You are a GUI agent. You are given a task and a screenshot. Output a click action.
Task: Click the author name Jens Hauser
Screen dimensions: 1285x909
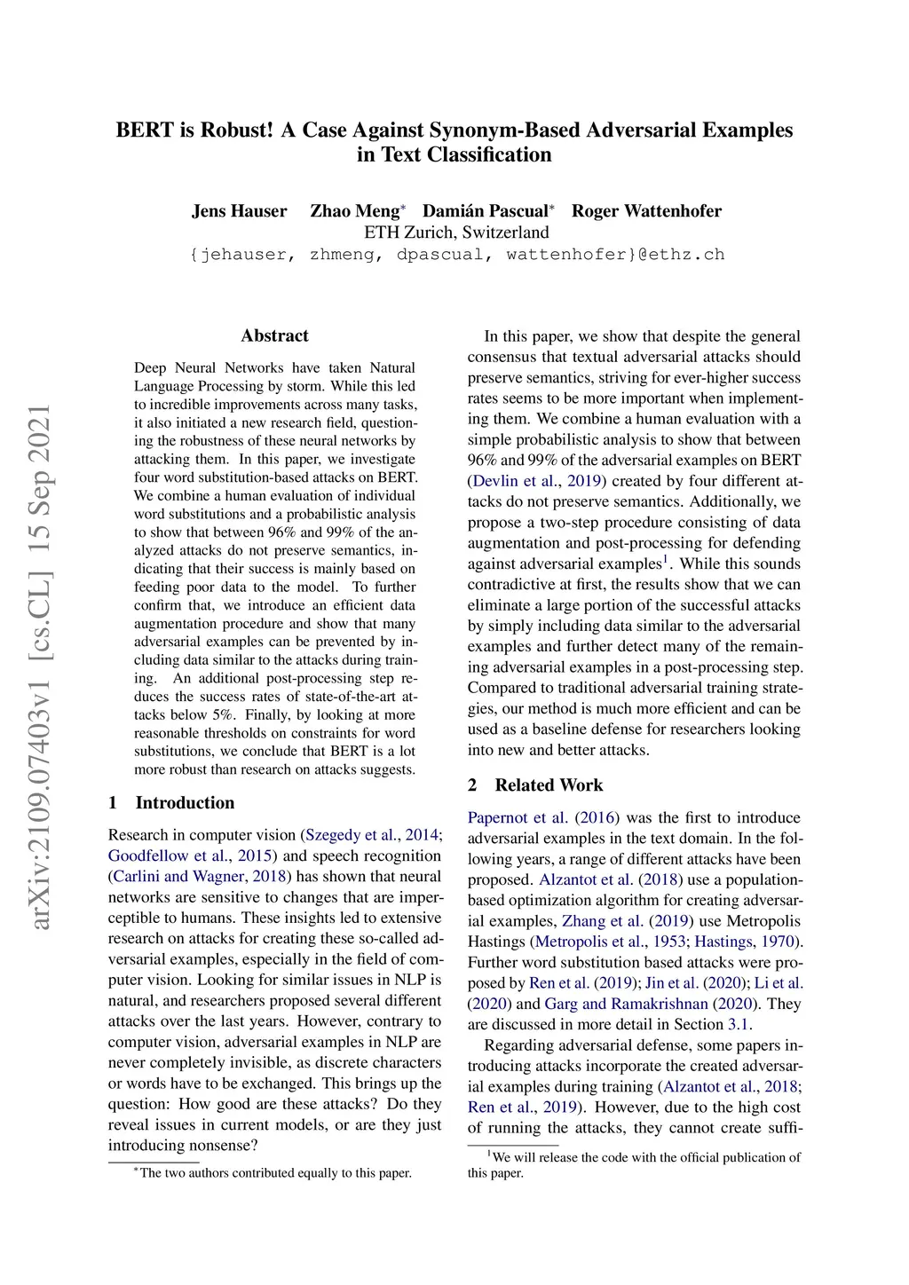pos(239,211)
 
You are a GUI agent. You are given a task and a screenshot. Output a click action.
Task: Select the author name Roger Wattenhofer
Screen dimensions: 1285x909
pos(646,211)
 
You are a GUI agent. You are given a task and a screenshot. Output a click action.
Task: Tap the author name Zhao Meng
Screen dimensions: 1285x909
pos(354,211)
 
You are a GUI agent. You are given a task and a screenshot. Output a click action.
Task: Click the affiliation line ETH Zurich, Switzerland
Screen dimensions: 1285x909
pos(456,233)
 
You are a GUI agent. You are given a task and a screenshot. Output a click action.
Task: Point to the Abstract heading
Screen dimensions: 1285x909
pos(274,335)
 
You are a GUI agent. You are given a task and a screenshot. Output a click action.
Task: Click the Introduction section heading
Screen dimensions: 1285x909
pos(185,802)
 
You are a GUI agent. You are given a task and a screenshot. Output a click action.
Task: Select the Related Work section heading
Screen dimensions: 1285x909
pos(549,784)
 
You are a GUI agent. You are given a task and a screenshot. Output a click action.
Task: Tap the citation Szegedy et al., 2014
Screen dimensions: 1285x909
pos(372,835)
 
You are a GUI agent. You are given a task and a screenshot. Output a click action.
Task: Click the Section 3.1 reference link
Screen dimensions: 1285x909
pos(739,1024)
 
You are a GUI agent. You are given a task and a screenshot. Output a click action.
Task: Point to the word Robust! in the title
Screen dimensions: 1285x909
pos(237,130)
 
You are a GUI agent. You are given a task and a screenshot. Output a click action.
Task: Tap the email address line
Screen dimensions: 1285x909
pos(456,255)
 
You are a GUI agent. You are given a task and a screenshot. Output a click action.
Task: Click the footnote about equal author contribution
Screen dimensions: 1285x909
pos(275,1173)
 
